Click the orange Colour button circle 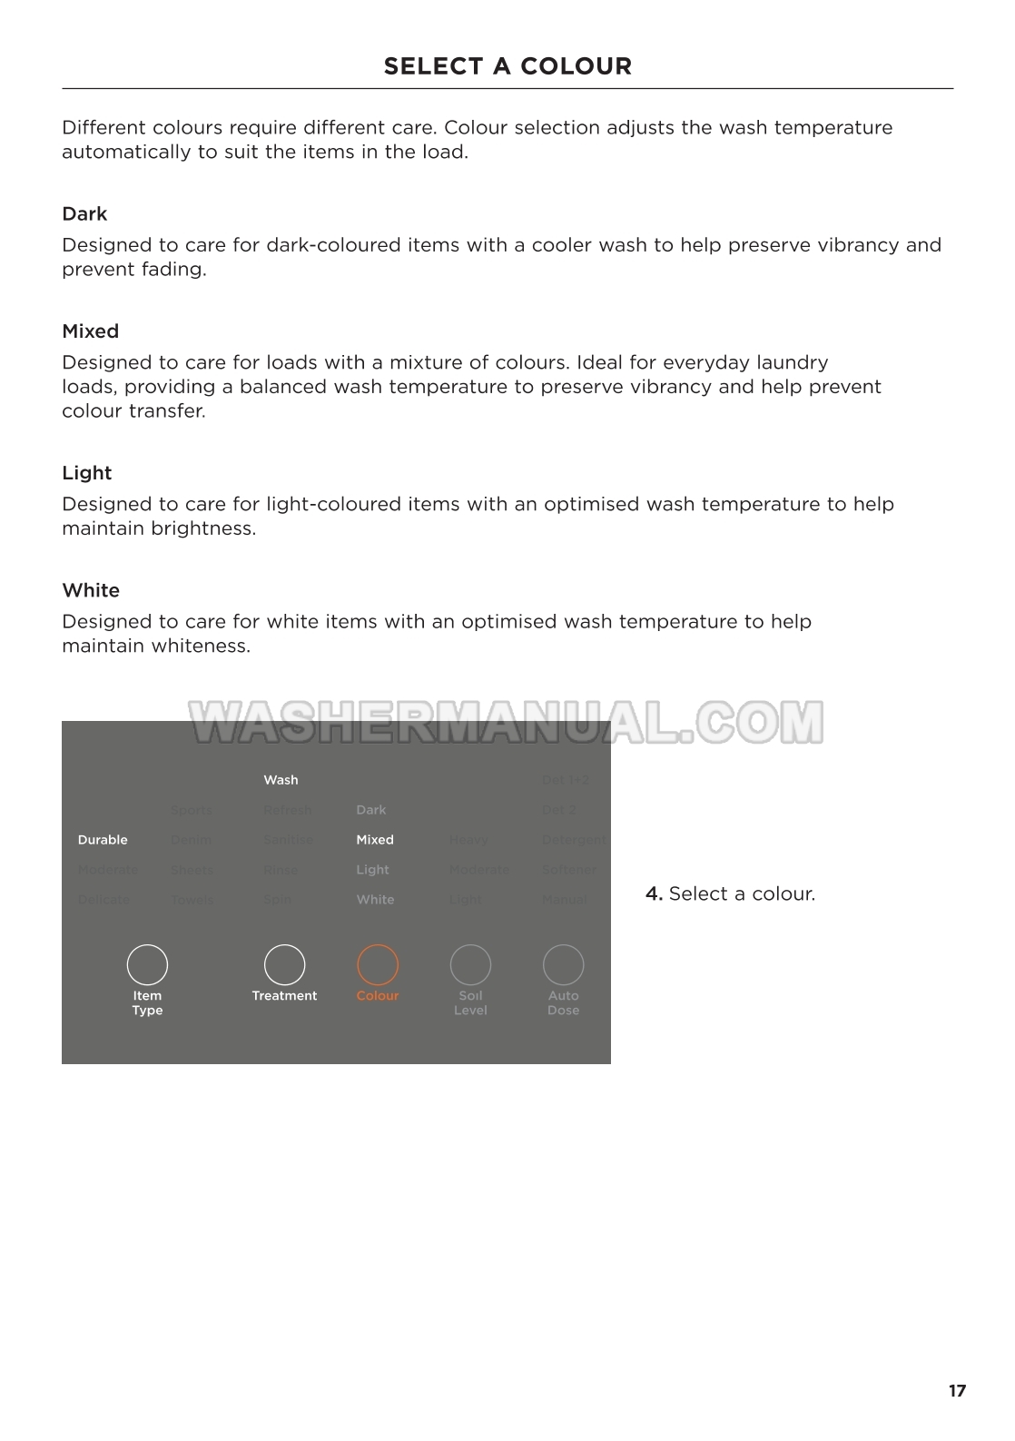pyautogui.click(x=378, y=964)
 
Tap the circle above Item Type pyautogui.click(x=147, y=964)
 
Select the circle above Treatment pyautogui.click(x=284, y=964)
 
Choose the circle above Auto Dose pyautogui.click(x=563, y=964)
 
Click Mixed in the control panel pyautogui.click(x=375, y=840)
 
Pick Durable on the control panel pyautogui.click(x=103, y=840)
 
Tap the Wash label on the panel pyautogui.click(x=281, y=780)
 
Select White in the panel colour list pyautogui.click(x=375, y=900)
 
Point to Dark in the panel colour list pyautogui.click(x=370, y=810)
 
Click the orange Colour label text pyautogui.click(x=378, y=996)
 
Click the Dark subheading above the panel pyautogui.click(x=84, y=214)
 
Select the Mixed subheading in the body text pyautogui.click(x=90, y=331)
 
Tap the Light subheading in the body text pyautogui.click(x=86, y=473)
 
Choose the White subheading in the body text pyautogui.click(x=91, y=590)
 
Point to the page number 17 pyautogui.click(x=957, y=1391)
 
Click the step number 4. pyautogui.click(x=653, y=893)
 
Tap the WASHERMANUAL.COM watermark pyautogui.click(x=506, y=723)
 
